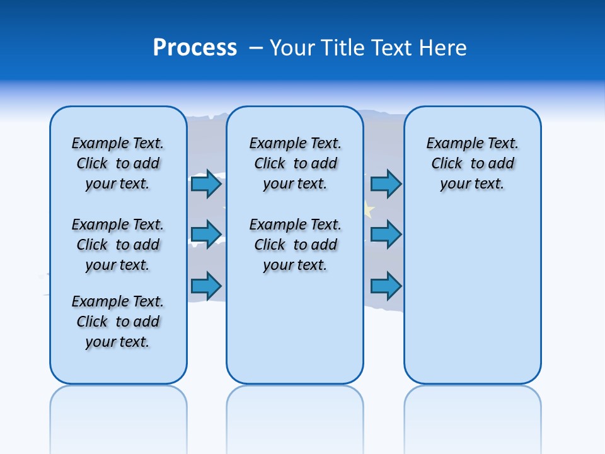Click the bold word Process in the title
pyautogui.click(x=195, y=48)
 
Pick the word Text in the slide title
pyautogui.click(x=391, y=48)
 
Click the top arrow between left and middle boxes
pyautogui.click(x=206, y=184)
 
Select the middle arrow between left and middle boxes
pyautogui.click(x=206, y=234)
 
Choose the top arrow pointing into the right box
pyautogui.click(x=386, y=184)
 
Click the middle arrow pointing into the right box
pyautogui.click(x=386, y=234)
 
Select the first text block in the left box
pyautogui.click(x=118, y=163)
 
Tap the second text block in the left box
pyautogui.click(x=118, y=245)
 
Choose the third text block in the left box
pyautogui.click(x=118, y=322)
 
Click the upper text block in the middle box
pyautogui.click(x=295, y=163)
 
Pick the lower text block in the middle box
pyautogui.click(x=295, y=245)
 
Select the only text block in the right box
pyautogui.click(x=472, y=163)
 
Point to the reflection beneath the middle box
pyautogui.click(x=295, y=416)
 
